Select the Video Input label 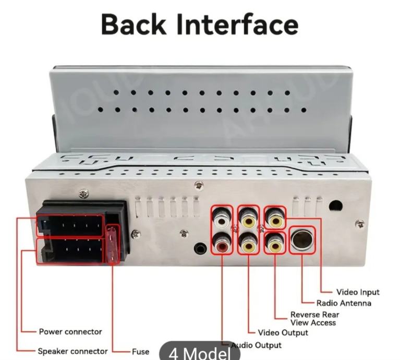click(358, 292)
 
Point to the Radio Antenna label click(344, 303)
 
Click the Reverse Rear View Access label click(314, 319)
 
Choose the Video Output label click(283, 332)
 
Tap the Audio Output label click(256, 345)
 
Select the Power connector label click(70, 332)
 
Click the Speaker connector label click(72, 351)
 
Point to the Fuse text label click(140, 351)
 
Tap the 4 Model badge click(200, 353)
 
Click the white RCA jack click(222, 218)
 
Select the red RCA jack click(223, 243)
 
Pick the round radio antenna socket click(302, 241)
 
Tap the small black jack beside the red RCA click(200, 248)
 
